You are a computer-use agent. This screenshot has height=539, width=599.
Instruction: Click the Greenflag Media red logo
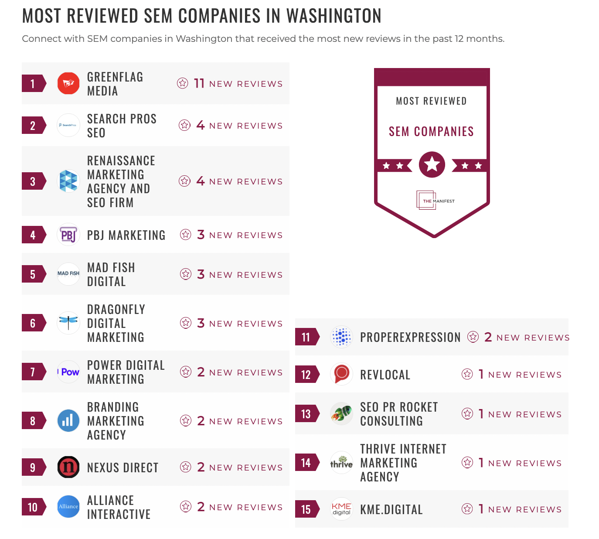[x=68, y=83]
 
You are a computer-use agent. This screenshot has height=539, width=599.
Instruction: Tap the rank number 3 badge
[x=33, y=181]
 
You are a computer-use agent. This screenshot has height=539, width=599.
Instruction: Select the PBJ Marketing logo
[x=68, y=235]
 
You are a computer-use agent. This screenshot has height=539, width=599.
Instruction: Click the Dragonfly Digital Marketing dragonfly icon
[x=68, y=323]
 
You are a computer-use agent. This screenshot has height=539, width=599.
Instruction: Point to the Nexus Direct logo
[x=68, y=467]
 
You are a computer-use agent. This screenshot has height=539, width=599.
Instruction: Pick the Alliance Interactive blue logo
[x=68, y=507]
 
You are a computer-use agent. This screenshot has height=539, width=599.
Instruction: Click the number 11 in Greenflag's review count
[x=199, y=83]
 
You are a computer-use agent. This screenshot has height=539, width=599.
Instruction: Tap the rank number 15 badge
[x=306, y=509]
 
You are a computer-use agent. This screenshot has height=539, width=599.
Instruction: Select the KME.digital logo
[x=341, y=509]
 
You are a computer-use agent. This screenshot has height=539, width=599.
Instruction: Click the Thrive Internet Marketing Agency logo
[x=341, y=463]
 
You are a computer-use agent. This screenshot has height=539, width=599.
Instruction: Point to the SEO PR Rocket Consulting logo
[x=341, y=413]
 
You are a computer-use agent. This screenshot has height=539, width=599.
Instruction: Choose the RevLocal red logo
[x=341, y=374]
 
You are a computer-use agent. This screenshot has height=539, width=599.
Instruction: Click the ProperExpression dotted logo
[x=341, y=337]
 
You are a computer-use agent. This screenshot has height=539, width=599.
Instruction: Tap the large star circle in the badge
[x=432, y=164]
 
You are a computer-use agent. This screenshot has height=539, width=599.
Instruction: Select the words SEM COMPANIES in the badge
[x=431, y=131]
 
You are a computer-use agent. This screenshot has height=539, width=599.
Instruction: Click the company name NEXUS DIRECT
[x=123, y=467]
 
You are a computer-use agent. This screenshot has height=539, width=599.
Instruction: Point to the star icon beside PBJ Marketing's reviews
[x=186, y=235]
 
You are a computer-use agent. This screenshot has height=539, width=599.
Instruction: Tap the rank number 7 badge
[x=33, y=372]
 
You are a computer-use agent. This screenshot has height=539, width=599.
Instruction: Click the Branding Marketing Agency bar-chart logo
[x=68, y=421]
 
